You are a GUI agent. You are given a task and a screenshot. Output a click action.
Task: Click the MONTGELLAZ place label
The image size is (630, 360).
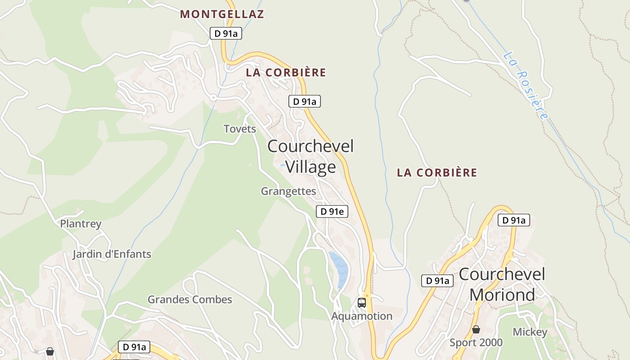(x=222, y=14)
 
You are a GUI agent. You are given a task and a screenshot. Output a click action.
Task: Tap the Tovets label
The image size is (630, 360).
(x=240, y=129)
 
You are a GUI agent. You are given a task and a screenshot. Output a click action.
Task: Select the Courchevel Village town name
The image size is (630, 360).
(x=310, y=156)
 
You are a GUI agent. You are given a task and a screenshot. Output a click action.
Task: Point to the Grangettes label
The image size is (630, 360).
(x=288, y=191)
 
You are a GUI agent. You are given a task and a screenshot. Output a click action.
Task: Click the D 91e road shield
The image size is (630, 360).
(x=332, y=211)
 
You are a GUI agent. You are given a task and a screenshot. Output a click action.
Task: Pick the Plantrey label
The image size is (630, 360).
(x=81, y=224)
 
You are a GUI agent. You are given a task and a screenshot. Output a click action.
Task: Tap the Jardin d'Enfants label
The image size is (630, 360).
(x=112, y=254)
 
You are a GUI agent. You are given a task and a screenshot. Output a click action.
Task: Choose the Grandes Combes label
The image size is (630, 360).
(x=190, y=300)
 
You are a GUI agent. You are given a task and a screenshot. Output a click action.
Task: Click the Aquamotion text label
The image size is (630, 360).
(x=362, y=316)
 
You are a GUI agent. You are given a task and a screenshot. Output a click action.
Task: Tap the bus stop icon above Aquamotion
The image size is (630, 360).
(x=362, y=302)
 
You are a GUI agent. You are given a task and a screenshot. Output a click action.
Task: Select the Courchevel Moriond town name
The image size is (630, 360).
(x=502, y=284)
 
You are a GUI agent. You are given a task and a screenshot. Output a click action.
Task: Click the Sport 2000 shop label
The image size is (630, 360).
(x=476, y=343)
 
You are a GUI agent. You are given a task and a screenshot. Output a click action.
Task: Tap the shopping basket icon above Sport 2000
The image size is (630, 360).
(x=476, y=330)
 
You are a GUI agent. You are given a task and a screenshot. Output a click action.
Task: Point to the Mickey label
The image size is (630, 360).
(x=530, y=332)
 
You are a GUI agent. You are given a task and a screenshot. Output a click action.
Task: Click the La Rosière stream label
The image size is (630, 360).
(x=526, y=85)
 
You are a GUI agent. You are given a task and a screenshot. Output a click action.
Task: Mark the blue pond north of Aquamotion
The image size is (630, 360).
(x=340, y=269)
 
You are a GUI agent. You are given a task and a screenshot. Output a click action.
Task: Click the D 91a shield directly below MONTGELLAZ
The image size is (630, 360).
(x=226, y=33)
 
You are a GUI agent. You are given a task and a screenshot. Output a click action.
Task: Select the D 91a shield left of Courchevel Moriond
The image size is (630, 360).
(x=437, y=281)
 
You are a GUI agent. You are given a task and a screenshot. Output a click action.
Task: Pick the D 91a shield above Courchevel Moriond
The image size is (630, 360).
(x=513, y=220)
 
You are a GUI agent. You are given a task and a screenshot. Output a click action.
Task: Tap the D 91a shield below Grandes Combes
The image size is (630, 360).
(x=134, y=347)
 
